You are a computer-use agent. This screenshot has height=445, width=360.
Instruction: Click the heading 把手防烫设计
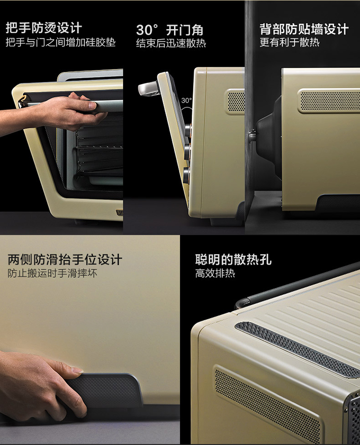44,28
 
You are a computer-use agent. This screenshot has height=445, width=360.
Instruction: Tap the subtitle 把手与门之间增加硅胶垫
60,43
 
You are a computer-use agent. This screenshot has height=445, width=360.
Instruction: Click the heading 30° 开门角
169,30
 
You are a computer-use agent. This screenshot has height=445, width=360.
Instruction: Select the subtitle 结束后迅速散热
171,44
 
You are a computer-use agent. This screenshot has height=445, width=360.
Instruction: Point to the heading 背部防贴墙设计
304,29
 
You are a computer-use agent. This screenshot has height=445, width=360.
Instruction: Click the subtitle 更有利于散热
289,42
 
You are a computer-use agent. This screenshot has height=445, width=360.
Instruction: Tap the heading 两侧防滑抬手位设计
65,259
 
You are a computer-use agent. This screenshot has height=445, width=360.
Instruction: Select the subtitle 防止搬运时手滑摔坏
53,273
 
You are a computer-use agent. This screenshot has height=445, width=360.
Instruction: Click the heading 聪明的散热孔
233,259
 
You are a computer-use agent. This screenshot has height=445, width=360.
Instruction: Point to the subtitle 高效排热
215,273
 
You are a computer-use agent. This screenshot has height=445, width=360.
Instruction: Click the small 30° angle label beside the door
186,101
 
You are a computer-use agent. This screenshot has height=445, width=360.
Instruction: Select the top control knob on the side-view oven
188,130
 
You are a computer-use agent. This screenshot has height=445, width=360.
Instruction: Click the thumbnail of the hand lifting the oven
90,340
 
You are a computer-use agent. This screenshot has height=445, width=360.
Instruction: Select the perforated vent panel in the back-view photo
330,101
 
